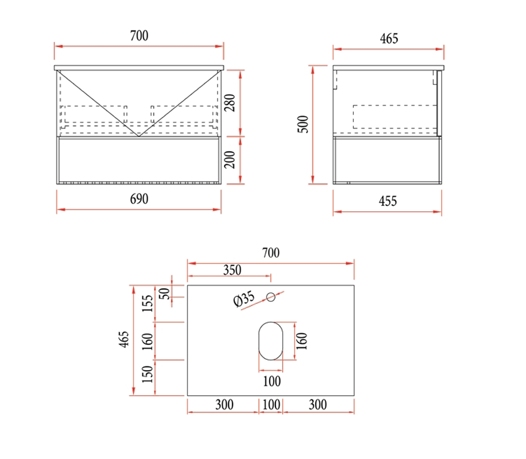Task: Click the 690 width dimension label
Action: pos(139,199)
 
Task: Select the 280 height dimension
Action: pos(230,103)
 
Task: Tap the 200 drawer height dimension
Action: pos(230,160)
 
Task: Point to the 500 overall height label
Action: pos(302,124)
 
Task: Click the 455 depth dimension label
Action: pos(388,201)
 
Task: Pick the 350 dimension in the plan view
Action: pos(232,270)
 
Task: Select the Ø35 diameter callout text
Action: pos(244,298)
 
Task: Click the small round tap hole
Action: pos(271,297)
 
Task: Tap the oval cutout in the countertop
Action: pos(271,341)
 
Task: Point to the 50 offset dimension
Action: pos(164,294)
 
